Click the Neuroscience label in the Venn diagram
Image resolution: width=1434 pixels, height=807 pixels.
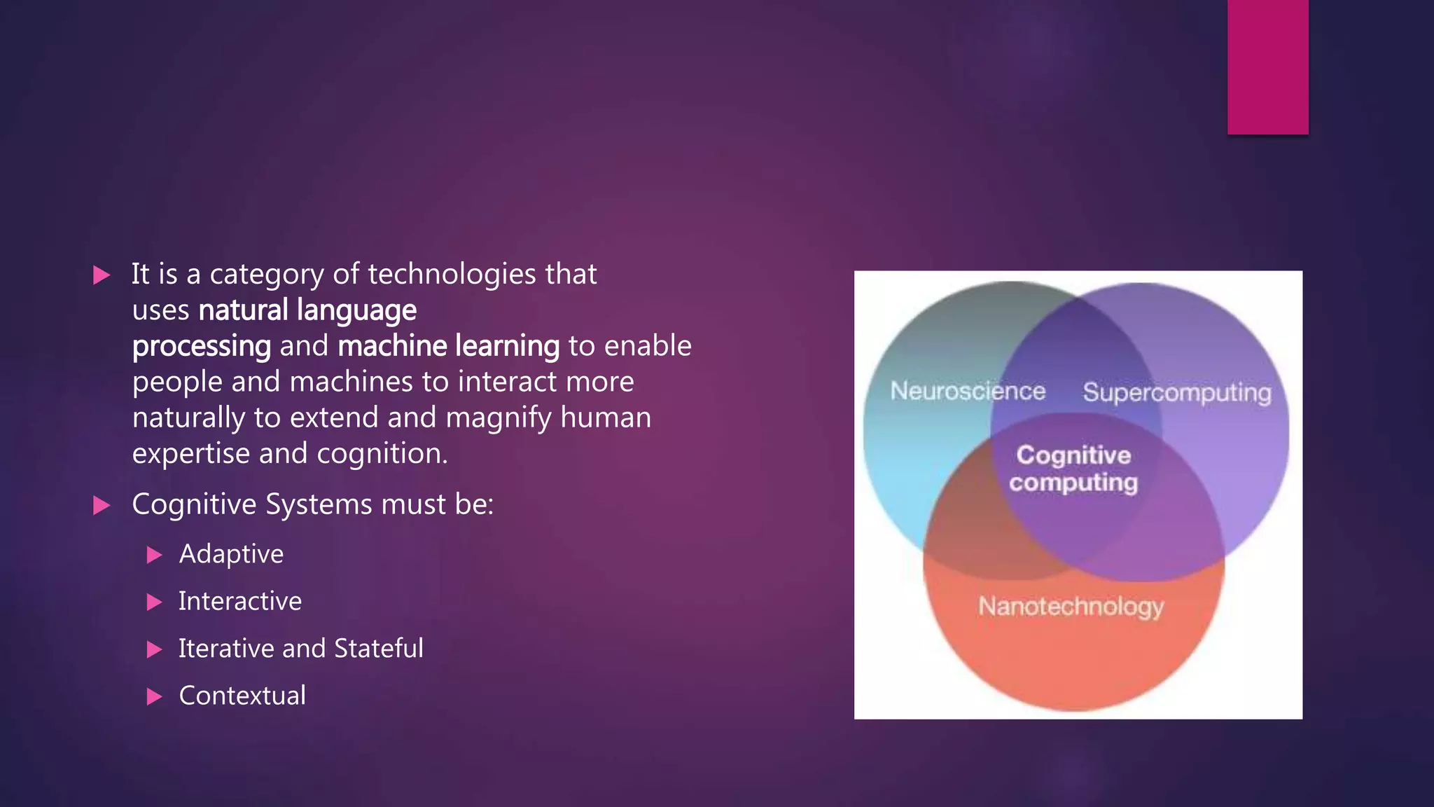pyautogui.click(x=968, y=391)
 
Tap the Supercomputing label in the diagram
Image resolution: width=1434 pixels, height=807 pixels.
pyautogui.click(x=1176, y=392)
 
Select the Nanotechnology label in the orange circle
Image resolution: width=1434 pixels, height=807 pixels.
pyautogui.click(x=1071, y=606)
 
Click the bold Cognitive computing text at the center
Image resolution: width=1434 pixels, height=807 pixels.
pyautogui.click(x=1073, y=469)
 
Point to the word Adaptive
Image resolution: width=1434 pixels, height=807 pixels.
pyautogui.click(x=231, y=554)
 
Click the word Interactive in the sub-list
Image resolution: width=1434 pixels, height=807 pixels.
pyautogui.click(x=240, y=601)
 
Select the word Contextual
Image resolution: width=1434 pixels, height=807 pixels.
pyautogui.click(x=242, y=696)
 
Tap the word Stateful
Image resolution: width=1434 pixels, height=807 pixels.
pyautogui.click(x=379, y=649)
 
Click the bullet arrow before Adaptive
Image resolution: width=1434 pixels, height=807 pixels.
pyautogui.click(x=155, y=556)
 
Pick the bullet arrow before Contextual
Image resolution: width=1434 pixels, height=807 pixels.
pyautogui.click(x=155, y=697)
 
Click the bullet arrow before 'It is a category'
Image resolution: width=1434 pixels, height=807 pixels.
pyautogui.click(x=102, y=275)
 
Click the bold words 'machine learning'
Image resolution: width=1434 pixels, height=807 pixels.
pyautogui.click(x=449, y=346)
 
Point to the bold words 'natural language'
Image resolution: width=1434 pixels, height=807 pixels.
pyautogui.click(x=307, y=310)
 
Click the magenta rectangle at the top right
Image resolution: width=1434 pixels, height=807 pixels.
pyautogui.click(x=1267, y=67)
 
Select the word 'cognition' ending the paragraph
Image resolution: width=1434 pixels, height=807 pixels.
pyautogui.click(x=381, y=454)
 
